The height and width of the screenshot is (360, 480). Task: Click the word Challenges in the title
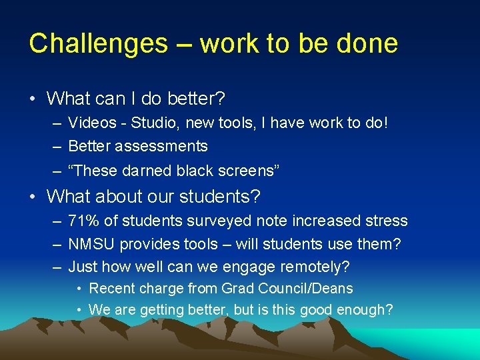click(x=98, y=44)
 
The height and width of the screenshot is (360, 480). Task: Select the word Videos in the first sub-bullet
click(x=92, y=123)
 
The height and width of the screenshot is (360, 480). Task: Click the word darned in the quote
click(x=147, y=171)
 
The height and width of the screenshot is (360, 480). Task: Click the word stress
click(x=383, y=221)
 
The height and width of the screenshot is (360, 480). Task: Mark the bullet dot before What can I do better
click(x=33, y=99)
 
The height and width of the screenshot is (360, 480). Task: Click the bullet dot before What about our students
click(x=33, y=197)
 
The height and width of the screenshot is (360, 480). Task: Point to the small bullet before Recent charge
click(x=79, y=289)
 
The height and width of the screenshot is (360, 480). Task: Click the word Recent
click(x=111, y=289)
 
